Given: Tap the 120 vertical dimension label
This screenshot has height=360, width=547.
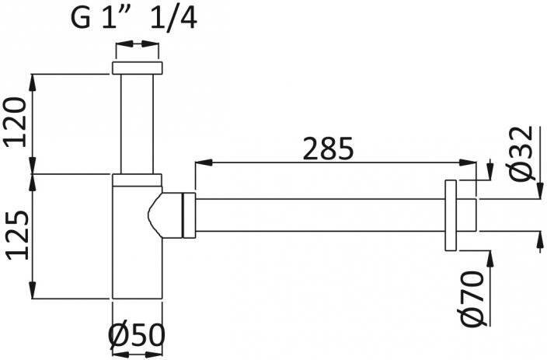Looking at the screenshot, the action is point(15,122).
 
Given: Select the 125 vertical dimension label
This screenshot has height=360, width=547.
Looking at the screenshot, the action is point(17,236).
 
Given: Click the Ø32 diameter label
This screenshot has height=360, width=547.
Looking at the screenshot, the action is point(521,153).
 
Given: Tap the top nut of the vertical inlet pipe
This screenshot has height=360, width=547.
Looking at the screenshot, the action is point(137,68).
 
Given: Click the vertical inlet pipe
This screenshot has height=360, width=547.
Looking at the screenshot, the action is point(137,124).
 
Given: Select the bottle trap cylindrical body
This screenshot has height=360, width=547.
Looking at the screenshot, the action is point(138,242).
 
